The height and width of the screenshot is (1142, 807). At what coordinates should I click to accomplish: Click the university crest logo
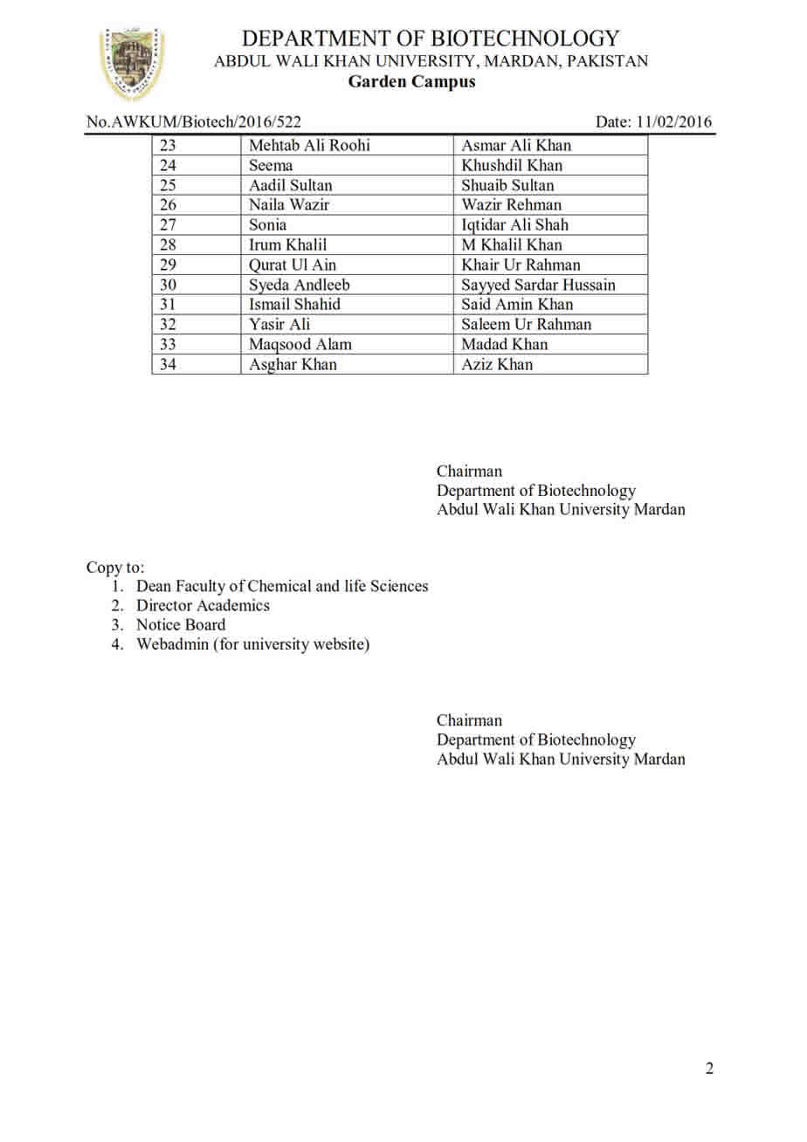[x=133, y=64]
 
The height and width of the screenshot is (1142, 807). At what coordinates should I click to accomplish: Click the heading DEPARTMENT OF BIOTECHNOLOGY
[x=431, y=38]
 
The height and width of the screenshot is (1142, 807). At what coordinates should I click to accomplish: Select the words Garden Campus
[x=412, y=82]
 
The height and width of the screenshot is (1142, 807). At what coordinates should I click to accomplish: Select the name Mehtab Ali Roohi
[x=309, y=146]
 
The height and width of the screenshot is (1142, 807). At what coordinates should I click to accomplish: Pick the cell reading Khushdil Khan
[x=512, y=166]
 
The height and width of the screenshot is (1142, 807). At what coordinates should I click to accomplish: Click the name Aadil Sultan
[x=291, y=185]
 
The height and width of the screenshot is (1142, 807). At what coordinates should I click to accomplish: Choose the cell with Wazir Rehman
[x=512, y=205]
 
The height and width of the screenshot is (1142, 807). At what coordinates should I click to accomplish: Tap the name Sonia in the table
[x=268, y=225]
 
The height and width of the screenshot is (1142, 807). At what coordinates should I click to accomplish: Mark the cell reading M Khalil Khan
[x=512, y=245]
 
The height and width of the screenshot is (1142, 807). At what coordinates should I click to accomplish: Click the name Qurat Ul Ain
[x=293, y=265]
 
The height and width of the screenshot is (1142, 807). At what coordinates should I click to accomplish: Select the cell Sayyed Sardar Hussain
[x=538, y=285]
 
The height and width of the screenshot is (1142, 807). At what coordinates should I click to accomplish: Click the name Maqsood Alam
[x=300, y=345]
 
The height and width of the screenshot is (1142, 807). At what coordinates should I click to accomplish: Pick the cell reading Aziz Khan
[x=497, y=365]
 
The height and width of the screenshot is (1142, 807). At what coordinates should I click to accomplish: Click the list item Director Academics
[x=203, y=605]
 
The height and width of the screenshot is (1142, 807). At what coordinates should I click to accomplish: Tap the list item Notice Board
[x=181, y=625]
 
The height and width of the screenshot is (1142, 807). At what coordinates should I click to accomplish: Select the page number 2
[x=709, y=1069]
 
